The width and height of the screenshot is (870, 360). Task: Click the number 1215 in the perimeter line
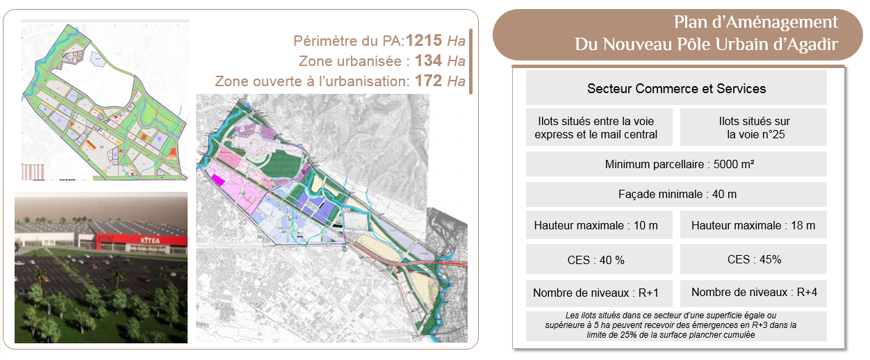pyautogui.click(x=423, y=40)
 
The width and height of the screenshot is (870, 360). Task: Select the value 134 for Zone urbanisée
pyautogui.click(x=429, y=60)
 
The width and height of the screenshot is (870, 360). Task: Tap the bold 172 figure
pyautogui.click(x=428, y=81)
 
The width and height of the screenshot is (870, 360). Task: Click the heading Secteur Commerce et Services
pyautogui.click(x=676, y=89)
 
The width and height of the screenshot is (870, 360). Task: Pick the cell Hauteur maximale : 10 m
pyautogui.click(x=596, y=225)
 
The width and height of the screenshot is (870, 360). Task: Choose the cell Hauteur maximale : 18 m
pyautogui.click(x=753, y=225)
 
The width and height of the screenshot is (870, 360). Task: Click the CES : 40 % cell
pyautogui.click(x=596, y=259)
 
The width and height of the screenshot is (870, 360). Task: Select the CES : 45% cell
pyautogui.click(x=753, y=259)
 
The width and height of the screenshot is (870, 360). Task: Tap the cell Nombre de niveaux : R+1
pyautogui.click(x=596, y=293)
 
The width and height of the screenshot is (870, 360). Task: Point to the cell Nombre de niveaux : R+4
pyautogui.click(x=753, y=293)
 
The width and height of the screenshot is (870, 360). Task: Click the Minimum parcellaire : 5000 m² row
pyautogui.click(x=676, y=164)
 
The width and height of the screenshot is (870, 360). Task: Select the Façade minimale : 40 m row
pyautogui.click(x=676, y=195)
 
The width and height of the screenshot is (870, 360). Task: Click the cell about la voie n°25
pyautogui.click(x=753, y=127)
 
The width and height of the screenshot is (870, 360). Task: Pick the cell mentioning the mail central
pyautogui.click(x=596, y=127)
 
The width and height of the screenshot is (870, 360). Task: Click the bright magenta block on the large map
pyautogui.click(x=218, y=180)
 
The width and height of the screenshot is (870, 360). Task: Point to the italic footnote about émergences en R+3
pyautogui.click(x=676, y=325)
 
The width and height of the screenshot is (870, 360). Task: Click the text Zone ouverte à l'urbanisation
pyautogui.click(x=311, y=81)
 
